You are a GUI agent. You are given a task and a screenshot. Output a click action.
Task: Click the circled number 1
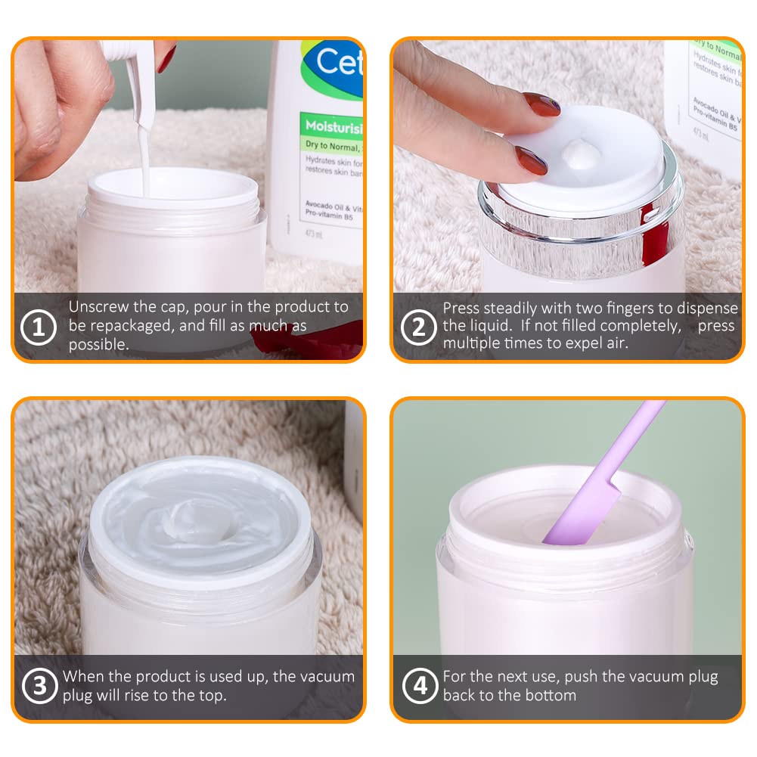point(39,328)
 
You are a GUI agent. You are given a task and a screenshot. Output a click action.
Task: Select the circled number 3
point(39,687)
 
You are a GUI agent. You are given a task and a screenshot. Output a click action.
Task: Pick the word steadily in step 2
point(517,309)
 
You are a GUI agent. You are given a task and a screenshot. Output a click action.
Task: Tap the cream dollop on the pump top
point(582,154)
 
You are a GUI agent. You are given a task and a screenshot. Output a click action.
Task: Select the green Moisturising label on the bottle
point(331,122)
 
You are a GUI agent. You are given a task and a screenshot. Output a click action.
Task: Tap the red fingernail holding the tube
point(166,57)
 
